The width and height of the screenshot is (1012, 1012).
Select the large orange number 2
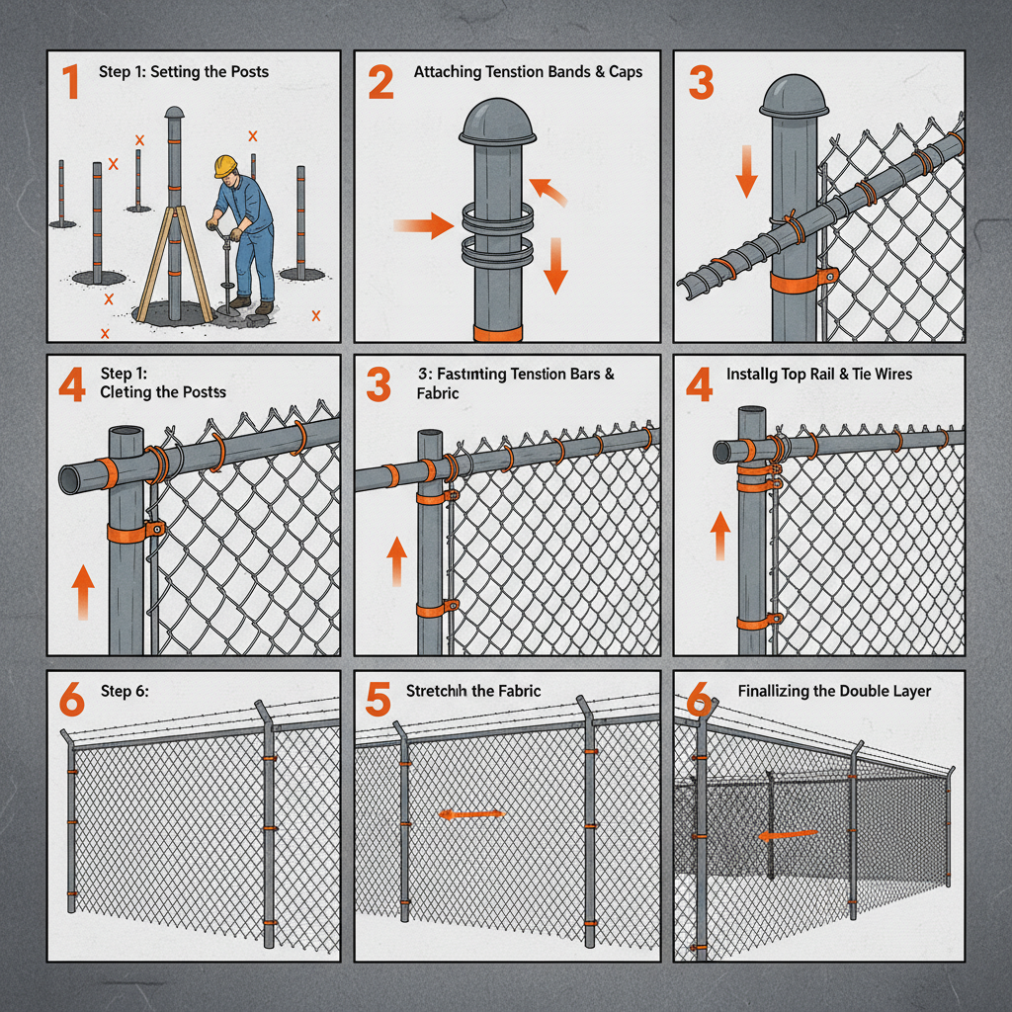(380, 82)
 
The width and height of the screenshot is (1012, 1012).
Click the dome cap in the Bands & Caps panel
(497, 122)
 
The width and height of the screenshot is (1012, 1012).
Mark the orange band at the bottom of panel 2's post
(497, 332)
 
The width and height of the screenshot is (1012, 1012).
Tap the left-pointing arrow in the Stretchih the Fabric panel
(471, 814)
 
